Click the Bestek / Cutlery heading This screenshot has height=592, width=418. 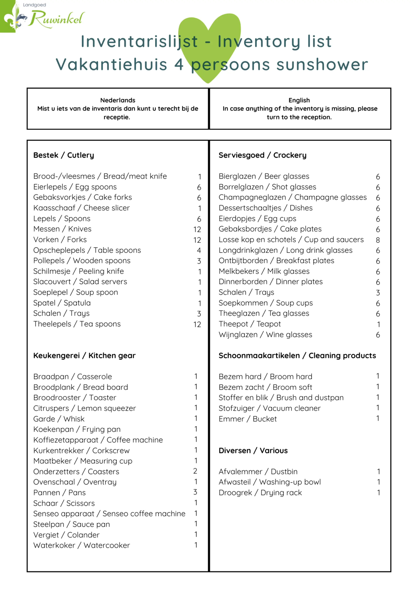pos(64,155)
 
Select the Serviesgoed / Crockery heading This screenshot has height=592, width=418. pos(262,155)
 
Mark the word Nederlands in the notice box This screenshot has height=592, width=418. pos(118,100)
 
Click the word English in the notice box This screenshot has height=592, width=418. pos(299,100)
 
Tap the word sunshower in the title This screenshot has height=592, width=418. pos(322,65)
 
